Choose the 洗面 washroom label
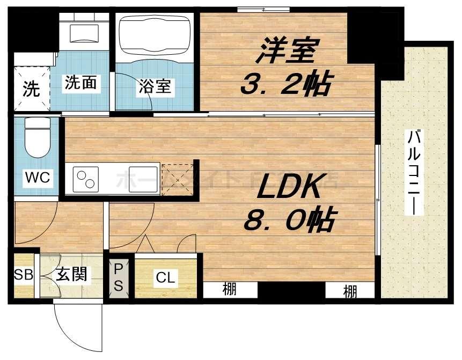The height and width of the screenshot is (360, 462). point(80,83)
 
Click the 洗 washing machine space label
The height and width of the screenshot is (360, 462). point(31,89)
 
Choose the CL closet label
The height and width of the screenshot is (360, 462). point(165,278)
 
